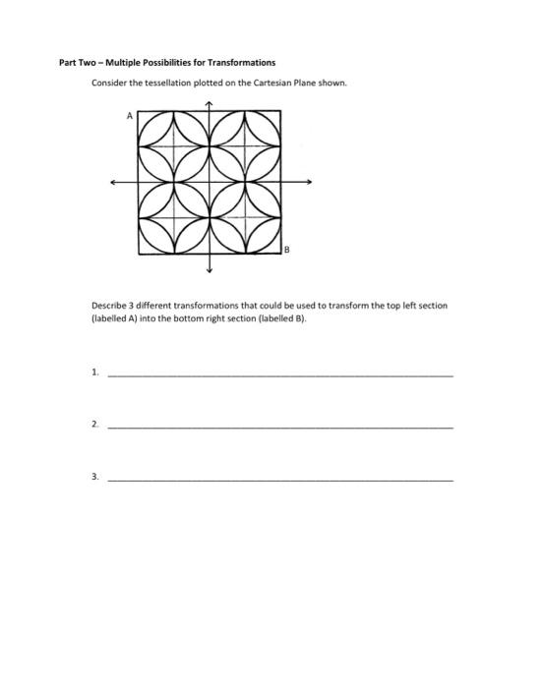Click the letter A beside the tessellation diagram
click(x=129, y=115)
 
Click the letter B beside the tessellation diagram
click(x=287, y=250)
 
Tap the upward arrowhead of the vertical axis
click(x=210, y=103)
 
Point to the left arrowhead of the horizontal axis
click(x=114, y=182)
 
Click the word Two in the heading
click(x=86, y=63)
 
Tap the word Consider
click(x=107, y=84)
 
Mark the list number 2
click(x=93, y=426)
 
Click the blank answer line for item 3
click(x=280, y=479)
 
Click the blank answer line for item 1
click(x=280, y=375)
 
